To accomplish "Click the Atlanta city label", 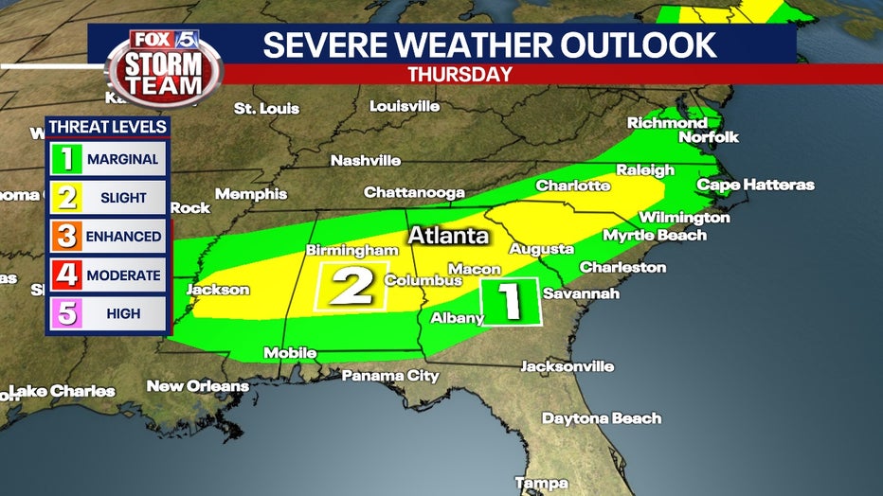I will (448, 235).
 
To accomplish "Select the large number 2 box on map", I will (351, 286).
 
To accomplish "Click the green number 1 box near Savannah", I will (511, 302).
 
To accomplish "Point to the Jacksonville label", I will (568, 366).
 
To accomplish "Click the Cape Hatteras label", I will (755, 185).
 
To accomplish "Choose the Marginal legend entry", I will (107, 159).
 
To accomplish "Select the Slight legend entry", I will (107, 198).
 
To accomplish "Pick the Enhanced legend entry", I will (107, 237).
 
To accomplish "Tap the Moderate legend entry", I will (107, 275).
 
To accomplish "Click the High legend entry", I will (107, 313).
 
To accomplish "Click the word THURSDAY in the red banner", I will (460, 74).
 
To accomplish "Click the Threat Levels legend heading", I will (107, 127).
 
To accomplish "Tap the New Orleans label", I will (197, 386).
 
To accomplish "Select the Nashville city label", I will (365, 161).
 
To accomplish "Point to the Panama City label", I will (390, 376).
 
